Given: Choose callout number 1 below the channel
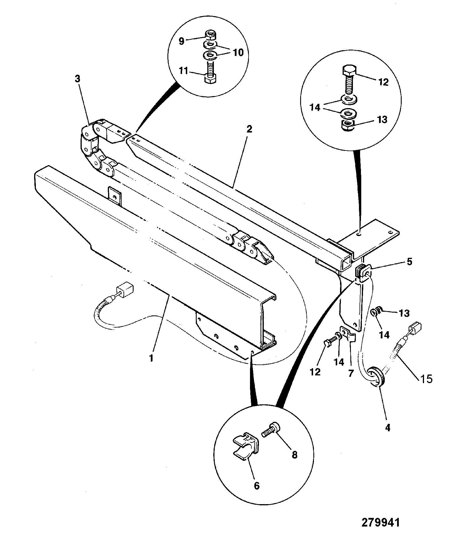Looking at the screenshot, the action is point(151,358).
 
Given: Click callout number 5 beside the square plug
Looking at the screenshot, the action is point(409,262).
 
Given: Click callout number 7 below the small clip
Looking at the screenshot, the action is point(351,374).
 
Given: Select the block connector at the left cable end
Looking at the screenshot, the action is point(125,290).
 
